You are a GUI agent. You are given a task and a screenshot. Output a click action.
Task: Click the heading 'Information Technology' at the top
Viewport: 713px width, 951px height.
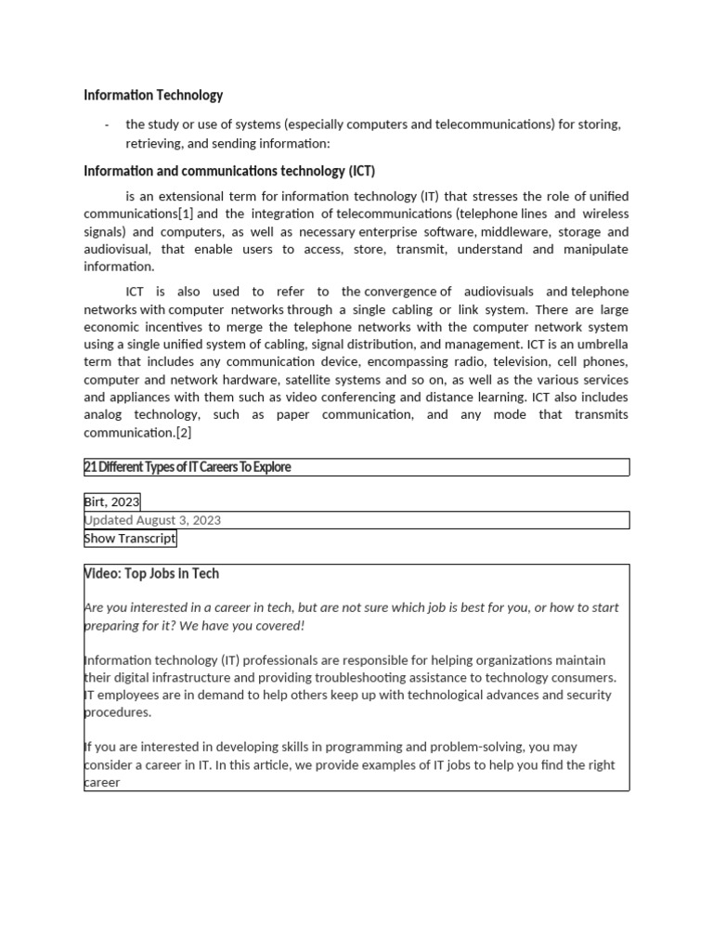(x=153, y=95)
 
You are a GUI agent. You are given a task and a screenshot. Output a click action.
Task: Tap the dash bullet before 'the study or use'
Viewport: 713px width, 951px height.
(x=107, y=124)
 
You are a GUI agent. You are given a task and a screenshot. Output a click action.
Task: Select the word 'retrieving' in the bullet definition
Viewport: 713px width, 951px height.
(x=154, y=143)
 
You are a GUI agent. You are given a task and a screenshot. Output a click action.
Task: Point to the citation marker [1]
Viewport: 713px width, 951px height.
(x=186, y=214)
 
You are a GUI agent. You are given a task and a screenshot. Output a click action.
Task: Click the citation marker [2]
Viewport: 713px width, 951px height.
(x=183, y=433)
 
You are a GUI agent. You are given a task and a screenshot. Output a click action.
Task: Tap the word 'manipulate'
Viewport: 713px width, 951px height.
(x=595, y=249)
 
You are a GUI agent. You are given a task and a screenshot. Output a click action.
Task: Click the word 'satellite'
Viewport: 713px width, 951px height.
(x=283, y=380)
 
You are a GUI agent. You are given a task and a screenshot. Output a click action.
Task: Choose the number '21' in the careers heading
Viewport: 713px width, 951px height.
(x=90, y=467)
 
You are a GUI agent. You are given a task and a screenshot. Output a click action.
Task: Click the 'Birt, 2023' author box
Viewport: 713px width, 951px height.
(x=111, y=502)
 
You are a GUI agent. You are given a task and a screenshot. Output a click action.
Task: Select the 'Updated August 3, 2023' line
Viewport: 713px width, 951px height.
(x=152, y=520)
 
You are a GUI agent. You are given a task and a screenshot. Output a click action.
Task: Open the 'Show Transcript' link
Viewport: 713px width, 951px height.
(x=129, y=539)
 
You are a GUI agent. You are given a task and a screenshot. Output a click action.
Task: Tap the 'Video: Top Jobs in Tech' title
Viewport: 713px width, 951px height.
(x=151, y=574)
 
